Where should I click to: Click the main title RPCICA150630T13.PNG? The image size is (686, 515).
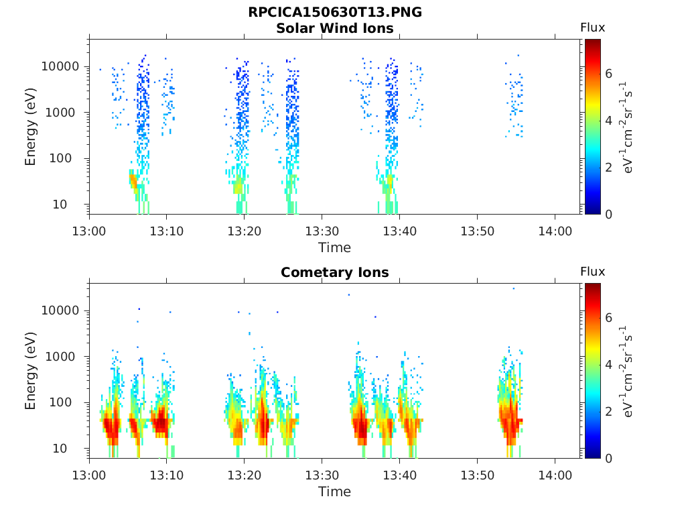coord(334,13)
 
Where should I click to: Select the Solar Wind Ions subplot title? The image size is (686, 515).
coord(334,28)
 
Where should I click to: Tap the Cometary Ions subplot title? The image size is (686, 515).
coord(334,272)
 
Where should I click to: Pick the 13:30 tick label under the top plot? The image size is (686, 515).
coord(322,231)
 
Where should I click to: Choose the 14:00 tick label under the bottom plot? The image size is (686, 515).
coord(555,475)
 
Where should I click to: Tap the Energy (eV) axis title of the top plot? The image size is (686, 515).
coord(31,127)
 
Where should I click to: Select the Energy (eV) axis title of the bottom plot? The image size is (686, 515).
coord(31,371)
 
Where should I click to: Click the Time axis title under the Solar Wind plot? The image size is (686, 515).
coord(334,247)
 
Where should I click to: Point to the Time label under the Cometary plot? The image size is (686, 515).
coord(334,492)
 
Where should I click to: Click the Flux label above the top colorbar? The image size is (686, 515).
coord(592,27)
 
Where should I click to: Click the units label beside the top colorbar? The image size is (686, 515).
coord(628,127)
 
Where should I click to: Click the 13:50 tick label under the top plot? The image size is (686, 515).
coord(477,231)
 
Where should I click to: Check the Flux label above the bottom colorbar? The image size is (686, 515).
coord(592,272)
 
